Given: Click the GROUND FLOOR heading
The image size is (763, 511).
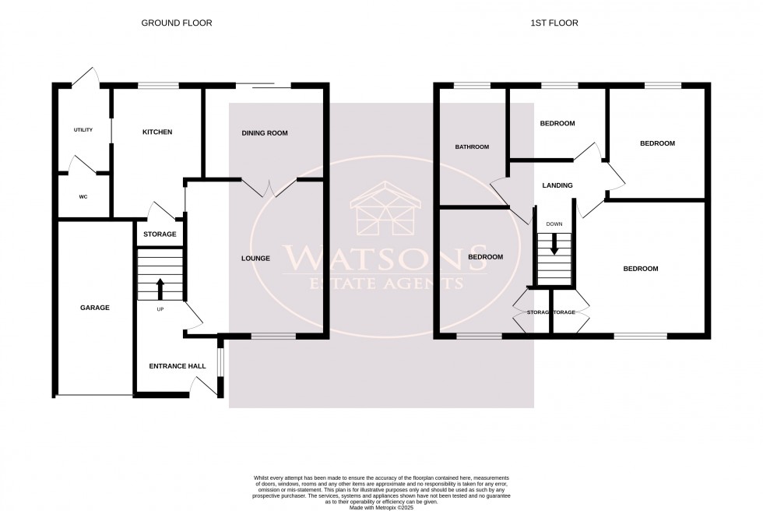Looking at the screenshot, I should pos(176,23).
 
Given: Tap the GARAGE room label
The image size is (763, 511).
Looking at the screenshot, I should pos(95,308).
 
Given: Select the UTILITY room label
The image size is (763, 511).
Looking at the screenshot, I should pos(83,130).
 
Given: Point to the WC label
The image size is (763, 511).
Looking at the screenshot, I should pos(83,197).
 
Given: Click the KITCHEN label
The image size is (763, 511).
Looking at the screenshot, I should pos(156,132).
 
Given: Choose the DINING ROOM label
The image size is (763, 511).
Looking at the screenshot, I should pos(265,133).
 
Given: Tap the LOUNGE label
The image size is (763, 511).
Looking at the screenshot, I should pos(255,259).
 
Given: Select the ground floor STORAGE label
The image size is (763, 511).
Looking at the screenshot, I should pos(160,234).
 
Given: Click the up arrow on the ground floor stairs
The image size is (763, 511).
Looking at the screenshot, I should pos(160,287).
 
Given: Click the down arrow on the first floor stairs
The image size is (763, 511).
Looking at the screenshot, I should pos(554,245).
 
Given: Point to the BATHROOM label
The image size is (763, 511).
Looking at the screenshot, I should pos(472,147).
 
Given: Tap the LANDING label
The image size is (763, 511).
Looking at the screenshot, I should pos(557,185).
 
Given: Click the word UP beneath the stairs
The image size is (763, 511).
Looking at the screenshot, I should pos(160,309).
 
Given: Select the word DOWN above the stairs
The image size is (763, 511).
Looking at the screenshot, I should pos(554,224).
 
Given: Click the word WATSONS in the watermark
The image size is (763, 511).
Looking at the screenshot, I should pos(381,256).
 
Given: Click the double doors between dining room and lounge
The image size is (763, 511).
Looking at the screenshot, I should pos(269,187).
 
